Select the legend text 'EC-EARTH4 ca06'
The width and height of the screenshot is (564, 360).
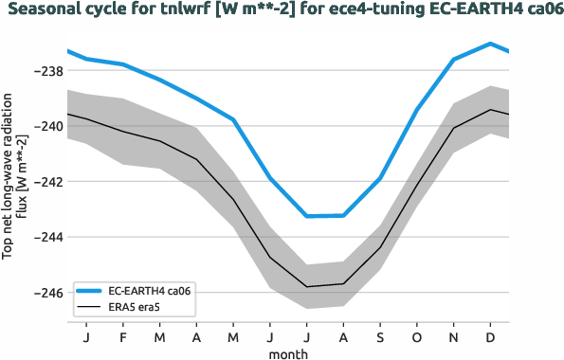pos(151,291)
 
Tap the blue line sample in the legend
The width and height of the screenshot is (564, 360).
pos(88,291)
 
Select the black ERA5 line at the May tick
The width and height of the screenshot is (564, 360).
pos(233,199)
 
